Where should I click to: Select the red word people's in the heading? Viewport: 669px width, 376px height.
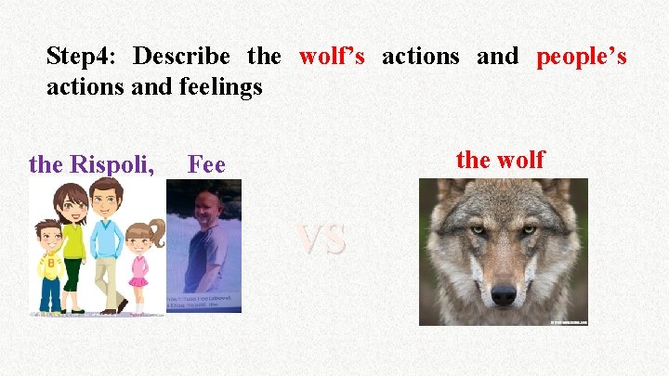pyautogui.click(x=582, y=57)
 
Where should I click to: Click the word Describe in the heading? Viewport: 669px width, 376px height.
pyautogui.click(x=185, y=57)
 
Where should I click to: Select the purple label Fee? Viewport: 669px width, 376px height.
pyautogui.click(x=206, y=164)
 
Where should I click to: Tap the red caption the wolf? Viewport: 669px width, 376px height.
pyautogui.click(x=500, y=159)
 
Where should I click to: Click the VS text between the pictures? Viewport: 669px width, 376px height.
pyautogui.click(x=321, y=239)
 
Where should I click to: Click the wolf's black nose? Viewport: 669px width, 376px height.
pyautogui.click(x=504, y=293)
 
